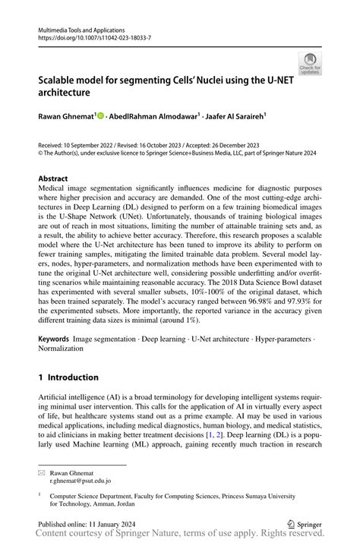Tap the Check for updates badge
click(x=309, y=64)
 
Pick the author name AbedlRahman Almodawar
click(x=152, y=116)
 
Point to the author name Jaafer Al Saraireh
click(x=235, y=116)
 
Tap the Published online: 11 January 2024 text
click(x=86, y=523)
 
